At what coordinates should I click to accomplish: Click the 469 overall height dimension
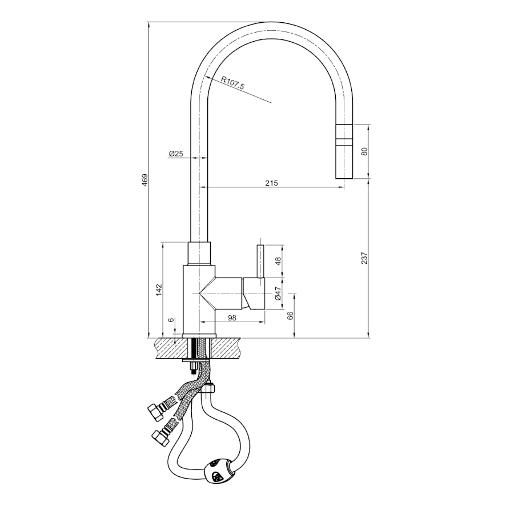click(145, 180)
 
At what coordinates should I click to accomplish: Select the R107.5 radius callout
click(232, 83)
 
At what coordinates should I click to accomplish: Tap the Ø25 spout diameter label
click(176, 154)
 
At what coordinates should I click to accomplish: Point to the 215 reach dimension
click(271, 183)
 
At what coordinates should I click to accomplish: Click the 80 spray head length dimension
click(364, 151)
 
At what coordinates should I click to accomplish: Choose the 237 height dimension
click(364, 258)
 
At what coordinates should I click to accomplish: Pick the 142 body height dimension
click(159, 290)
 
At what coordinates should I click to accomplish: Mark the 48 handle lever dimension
click(278, 261)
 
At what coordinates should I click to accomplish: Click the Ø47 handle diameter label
click(278, 294)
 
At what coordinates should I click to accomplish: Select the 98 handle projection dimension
click(232, 318)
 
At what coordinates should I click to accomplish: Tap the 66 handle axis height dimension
click(290, 315)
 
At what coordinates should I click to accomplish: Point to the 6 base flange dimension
click(171, 320)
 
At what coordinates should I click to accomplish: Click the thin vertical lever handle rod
click(260, 265)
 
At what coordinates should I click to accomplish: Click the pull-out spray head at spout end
click(344, 152)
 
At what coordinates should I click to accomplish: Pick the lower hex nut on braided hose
click(160, 437)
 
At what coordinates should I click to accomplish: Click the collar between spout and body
click(199, 254)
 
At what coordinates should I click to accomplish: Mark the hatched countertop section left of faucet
click(171, 348)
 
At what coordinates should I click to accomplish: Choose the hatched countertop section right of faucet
click(226, 348)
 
